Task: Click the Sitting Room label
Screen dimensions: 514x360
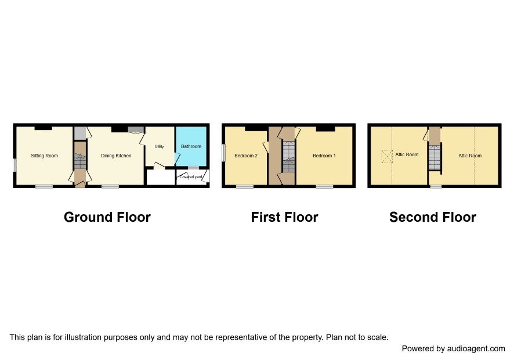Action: pos(44,156)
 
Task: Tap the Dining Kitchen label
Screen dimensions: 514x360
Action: pos(116,156)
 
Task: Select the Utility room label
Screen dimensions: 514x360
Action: pos(159,146)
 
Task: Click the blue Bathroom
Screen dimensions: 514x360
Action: pos(191,146)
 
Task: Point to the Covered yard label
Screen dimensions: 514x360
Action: pos(191,177)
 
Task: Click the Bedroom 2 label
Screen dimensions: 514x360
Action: pos(246,156)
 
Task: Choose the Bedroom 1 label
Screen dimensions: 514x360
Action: pos(324,156)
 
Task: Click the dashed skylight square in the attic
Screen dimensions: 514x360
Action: pos(387,157)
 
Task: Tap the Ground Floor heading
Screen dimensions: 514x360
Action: pos(107,217)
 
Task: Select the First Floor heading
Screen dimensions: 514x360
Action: pos(284,217)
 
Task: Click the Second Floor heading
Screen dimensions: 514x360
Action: pos(433,217)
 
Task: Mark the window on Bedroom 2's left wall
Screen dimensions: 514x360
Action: pos(223,153)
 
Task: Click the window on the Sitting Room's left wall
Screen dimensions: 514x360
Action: pos(15,165)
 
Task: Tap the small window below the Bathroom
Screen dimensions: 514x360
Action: pos(193,168)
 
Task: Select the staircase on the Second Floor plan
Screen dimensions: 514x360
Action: pos(435,157)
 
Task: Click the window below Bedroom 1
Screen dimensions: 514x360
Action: pos(324,186)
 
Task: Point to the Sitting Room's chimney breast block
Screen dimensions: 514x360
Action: pos(44,128)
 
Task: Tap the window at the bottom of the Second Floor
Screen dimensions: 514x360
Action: pos(436,186)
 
